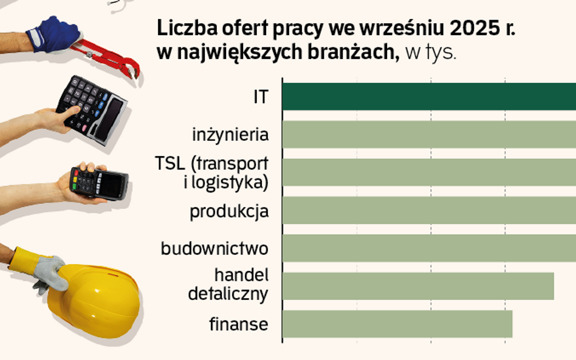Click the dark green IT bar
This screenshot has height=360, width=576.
(429, 96)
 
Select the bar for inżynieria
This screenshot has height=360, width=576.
(429, 134)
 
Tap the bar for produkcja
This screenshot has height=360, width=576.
(429, 210)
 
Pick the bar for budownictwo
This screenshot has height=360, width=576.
(429, 248)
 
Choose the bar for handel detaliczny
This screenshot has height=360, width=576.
(418, 286)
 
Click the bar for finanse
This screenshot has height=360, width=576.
(397, 324)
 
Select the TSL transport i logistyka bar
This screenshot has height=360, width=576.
(429, 172)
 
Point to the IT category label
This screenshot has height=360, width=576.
(260, 97)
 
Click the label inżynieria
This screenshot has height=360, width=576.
(230, 134)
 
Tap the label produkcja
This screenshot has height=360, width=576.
(229, 212)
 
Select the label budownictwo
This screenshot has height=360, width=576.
(214, 248)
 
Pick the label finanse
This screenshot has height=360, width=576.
(239, 324)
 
